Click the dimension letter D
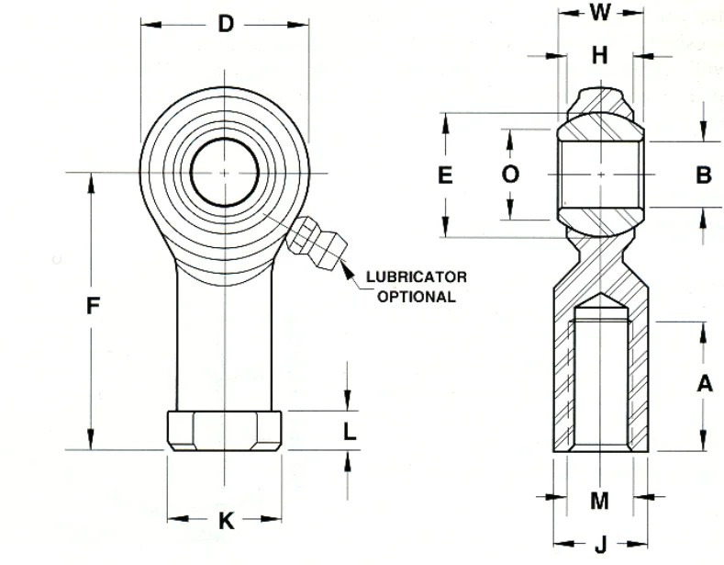point(225,25)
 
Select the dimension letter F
point(92,307)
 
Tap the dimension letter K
point(225,522)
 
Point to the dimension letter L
point(350,430)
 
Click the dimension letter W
point(600,12)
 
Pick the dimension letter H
point(600,56)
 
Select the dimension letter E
point(446,175)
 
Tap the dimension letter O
point(511,175)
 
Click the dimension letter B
point(703,175)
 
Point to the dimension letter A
point(704,384)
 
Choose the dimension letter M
point(599,501)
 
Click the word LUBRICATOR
point(417,277)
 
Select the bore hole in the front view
point(224,173)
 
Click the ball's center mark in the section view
point(600,174)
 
